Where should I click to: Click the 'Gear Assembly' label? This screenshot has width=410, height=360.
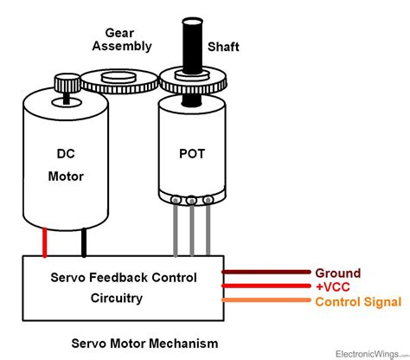coord(125,39)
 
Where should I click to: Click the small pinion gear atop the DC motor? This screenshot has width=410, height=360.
coord(66,85)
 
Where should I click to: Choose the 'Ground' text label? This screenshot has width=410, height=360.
coord(338,273)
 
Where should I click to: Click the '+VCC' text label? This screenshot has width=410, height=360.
coord(335,286)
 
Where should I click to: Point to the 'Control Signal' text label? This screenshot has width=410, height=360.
coord(358,301)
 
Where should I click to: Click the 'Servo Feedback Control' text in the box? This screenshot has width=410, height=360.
coord(122,278)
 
